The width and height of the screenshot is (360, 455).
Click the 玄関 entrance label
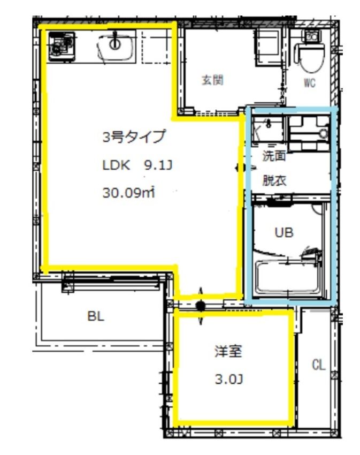pyautogui.click(x=213, y=80)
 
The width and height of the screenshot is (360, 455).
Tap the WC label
pyautogui.click(x=310, y=83)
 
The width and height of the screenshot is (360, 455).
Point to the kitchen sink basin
pyautogui.click(x=116, y=47)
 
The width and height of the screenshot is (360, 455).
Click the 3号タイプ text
pyautogui.click(x=134, y=137)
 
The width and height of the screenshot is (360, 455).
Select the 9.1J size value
pyautogui.click(x=158, y=165)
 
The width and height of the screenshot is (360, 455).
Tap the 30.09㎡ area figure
pyautogui.click(x=129, y=192)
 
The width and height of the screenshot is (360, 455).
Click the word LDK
pyautogui.click(x=116, y=165)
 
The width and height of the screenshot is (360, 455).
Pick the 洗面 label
pyautogui.click(x=274, y=156)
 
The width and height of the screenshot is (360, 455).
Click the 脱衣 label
pyautogui.click(x=274, y=180)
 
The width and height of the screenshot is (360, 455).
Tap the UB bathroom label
pyautogui.click(x=284, y=232)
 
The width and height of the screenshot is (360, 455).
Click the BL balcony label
pyautogui.click(x=96, y=316)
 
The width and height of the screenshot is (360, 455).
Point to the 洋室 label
pyautogui.click(x=228, y=351)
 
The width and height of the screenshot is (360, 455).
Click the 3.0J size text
pyautogui.click(x=229, y=379)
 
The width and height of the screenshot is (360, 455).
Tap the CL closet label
pyautogui.click(x=318, y=365)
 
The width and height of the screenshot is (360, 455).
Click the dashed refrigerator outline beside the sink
pyautogui.click(x=156, y=47)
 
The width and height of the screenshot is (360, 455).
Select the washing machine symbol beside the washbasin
pyautogui.click(x=309, y=133)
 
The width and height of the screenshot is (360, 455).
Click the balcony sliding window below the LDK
pyautogui.click(x=111, y=282)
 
